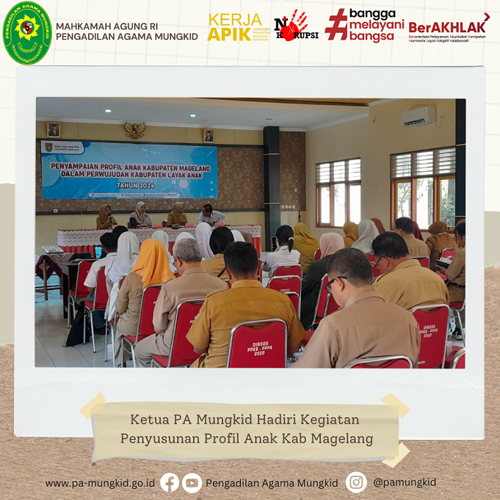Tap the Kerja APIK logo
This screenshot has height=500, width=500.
(x=237, y=28)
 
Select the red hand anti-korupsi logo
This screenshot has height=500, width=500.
(x=296, y=26)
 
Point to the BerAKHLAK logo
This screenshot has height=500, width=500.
(x=449, y=28)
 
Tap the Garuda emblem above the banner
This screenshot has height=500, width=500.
(x=135, y=130)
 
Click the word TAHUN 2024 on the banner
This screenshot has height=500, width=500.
(x=130, y=186)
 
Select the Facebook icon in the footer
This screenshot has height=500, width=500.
(x=170, y=482)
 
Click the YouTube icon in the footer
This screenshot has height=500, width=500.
(x=192, y=482)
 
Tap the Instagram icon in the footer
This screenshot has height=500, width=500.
(x=356, y=482)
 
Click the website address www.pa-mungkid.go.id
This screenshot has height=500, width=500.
(x=100, y=483)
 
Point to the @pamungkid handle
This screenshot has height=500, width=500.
(x=405, y=482)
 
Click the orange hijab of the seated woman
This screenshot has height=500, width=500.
(x=151, y=264)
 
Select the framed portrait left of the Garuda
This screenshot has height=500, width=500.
(x=54, y=130)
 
